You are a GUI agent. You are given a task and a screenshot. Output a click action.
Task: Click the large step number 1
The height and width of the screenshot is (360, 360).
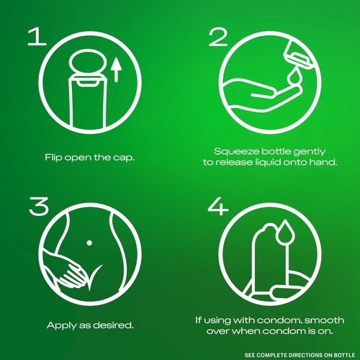37,37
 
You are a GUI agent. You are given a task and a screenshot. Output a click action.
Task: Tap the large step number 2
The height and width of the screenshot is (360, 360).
218,37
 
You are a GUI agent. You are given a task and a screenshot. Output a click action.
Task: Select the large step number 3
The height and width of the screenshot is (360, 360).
39,206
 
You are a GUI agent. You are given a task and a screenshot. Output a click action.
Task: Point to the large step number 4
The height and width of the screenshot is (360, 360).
218,206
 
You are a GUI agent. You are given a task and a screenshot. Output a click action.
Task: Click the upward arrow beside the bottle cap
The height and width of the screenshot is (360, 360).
117,70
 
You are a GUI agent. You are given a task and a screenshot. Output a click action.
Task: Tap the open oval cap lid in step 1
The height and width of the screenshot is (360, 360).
87,62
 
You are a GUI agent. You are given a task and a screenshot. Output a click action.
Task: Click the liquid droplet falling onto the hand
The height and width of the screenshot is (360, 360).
293,77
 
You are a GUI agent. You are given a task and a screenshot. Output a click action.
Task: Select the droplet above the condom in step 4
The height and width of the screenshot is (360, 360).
285,231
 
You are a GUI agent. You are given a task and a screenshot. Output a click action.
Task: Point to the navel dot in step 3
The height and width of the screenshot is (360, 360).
89,243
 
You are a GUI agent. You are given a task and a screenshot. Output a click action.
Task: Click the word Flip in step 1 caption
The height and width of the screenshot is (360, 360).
53,158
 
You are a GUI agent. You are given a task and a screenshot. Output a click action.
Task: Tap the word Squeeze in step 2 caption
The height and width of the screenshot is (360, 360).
236,152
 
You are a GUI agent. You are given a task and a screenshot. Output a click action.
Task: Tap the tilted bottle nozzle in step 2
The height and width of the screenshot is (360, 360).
298,55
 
